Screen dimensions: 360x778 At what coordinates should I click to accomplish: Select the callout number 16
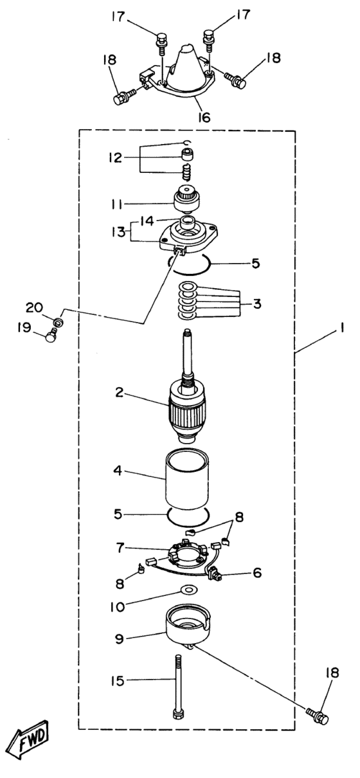pyautogui.click(x=204, y=118)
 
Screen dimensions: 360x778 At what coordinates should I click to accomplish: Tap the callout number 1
pyautogui.click(x=342, y=327)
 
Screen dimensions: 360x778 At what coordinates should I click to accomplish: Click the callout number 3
pyautogui.click(x=256, y=304)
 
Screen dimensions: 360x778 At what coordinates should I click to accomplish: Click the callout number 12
pyautogui.click(x=115, y=158)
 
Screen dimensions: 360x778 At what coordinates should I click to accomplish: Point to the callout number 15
pyautogui.click(x=118, y=681)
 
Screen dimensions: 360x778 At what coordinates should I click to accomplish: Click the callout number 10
pyautogui.click(x=118, y=607)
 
